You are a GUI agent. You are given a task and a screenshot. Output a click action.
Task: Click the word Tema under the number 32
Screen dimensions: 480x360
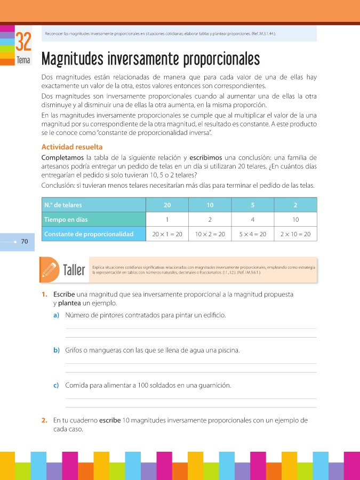click(23, 60)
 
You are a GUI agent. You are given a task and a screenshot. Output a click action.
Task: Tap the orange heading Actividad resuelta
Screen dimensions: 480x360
click(72, 147)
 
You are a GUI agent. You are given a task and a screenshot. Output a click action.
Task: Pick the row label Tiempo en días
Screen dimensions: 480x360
click(66, 220)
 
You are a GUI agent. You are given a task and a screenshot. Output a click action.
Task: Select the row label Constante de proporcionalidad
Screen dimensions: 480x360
click(89, 234)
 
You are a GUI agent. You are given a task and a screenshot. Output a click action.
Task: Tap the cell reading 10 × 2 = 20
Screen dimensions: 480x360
click(210, 234)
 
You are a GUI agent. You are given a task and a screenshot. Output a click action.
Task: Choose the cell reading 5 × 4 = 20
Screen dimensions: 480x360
click(253, 234)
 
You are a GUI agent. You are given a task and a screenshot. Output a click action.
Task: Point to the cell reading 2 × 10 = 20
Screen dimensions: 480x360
click(295, 234)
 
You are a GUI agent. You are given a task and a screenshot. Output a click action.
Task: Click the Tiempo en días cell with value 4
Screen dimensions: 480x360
click(253, 220)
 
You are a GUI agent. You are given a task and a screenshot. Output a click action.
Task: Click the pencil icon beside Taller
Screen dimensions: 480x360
click(50, 268)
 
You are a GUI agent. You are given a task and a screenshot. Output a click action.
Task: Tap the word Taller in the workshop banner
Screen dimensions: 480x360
click(74, 269)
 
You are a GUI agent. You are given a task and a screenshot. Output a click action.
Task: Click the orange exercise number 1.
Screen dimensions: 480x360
click(45, 295)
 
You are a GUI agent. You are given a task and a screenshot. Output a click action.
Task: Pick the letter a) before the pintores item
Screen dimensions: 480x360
click(56, 315)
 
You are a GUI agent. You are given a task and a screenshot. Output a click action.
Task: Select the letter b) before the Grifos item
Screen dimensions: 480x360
click(56, 350)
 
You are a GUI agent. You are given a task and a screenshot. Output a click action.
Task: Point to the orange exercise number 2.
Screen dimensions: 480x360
click(45, 420)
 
